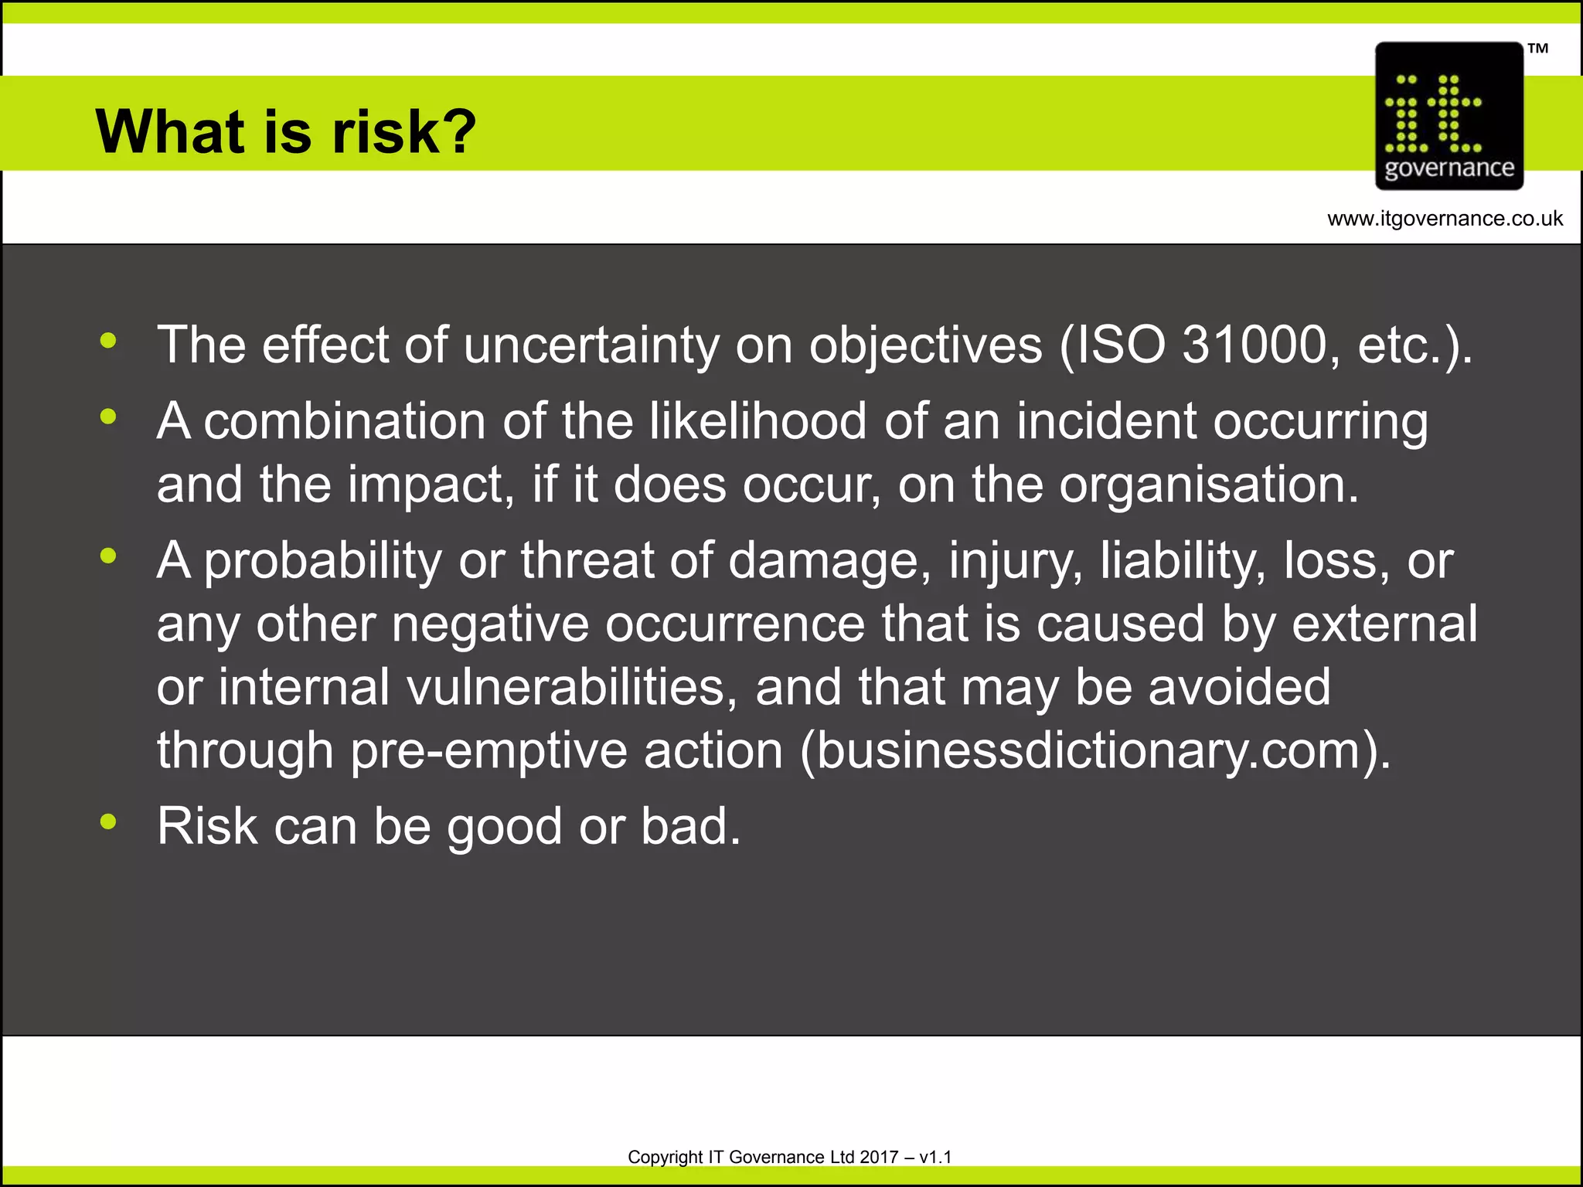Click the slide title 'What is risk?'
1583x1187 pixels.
[x=285, y=131]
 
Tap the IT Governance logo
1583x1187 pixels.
[x=1449, y=116]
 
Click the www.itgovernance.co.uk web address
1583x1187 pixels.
[x=1445, y=219]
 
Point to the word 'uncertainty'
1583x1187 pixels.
[x=591, y=345]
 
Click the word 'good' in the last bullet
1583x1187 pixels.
[x=504, y=827]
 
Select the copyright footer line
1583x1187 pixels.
[x=789, y=1157]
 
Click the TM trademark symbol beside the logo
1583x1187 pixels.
[x=1537, y=49]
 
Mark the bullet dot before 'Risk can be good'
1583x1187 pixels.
[x=108, y=821]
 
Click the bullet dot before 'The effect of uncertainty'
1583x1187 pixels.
[x=108, y=340]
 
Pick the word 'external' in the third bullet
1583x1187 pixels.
[x=1384, y=624]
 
